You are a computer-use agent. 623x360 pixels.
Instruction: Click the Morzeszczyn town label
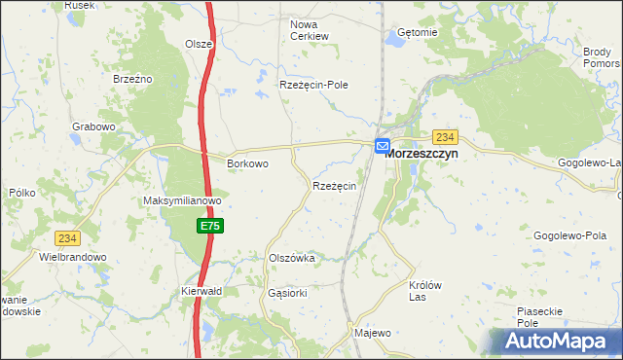[x=421, y=154]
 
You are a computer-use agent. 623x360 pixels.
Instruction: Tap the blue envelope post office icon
[x=383, y=144]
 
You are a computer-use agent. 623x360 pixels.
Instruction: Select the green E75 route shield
[x=209, y=226]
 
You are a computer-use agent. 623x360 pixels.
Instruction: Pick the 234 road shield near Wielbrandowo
[x=67, y=238]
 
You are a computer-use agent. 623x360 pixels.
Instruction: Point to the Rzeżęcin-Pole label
[x=313, y=85]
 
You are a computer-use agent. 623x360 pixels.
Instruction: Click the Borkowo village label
[x=247, y=164]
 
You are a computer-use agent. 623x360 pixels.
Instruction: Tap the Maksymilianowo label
[x=183, y=201]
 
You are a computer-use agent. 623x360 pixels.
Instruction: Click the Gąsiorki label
[x=287, y=292]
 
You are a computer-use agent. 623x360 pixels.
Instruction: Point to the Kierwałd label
[x=202, y=291]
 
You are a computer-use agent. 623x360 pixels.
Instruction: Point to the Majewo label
[x=373, y=333]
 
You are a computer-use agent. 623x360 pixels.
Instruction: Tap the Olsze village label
[x=199, y=44]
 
